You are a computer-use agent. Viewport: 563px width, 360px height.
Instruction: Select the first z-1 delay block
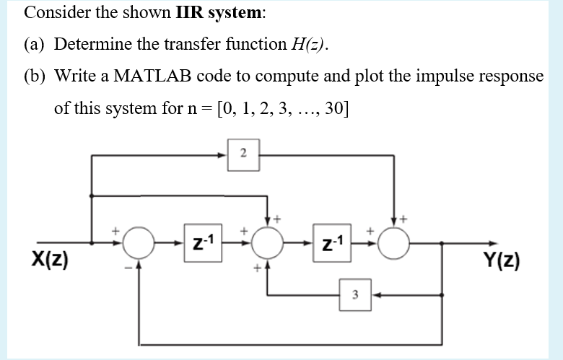tap(197, 242)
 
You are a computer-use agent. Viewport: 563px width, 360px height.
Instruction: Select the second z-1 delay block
tap(332, 242)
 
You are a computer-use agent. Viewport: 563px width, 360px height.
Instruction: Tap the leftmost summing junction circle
tap(137, 243)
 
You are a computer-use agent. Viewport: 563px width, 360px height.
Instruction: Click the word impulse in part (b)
tap(437, 76)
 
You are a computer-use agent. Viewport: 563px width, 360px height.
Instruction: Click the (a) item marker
tap(34, 44)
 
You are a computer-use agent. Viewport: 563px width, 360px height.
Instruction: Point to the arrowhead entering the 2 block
tap(226, 153)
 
